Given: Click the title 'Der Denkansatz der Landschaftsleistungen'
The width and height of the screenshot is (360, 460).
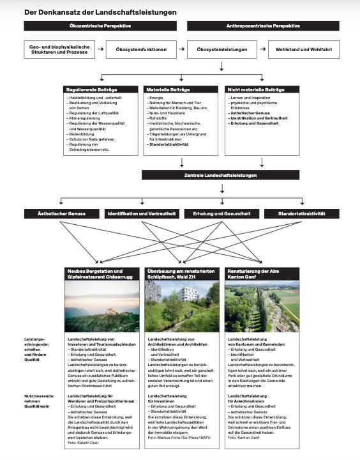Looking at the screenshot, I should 101,11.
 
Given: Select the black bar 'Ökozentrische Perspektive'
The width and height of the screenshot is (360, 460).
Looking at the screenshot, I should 100,26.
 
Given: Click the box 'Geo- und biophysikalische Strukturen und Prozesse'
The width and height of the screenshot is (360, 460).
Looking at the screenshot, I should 58,50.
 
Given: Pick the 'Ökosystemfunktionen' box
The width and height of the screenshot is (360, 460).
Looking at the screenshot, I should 141,50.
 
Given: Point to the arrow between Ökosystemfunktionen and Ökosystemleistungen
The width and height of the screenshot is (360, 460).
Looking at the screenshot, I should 181,50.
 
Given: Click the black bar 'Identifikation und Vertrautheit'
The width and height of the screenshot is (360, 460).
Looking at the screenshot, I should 141,213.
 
